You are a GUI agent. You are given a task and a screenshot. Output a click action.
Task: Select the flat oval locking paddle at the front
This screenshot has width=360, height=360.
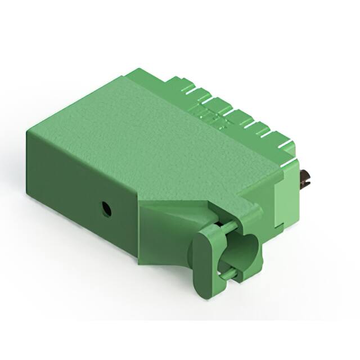(205, 259)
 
